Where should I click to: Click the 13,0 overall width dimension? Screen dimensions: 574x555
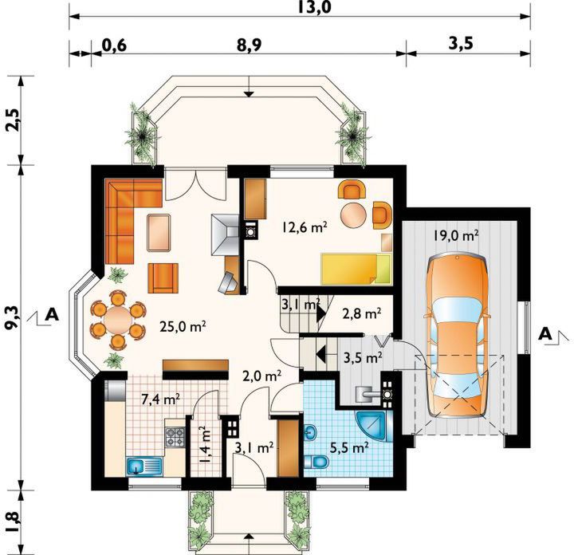tap(314, 7)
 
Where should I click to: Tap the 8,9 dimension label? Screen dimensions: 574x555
tap(249, 45)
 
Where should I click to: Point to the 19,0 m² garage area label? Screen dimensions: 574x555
tap(456, 235)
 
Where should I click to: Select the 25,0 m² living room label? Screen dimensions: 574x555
tap(183, 325)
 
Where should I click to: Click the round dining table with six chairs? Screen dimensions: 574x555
tap(117, 319)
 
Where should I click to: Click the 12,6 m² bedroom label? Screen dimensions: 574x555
tap(305, 227)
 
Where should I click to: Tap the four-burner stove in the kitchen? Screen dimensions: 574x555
tap(175, 437)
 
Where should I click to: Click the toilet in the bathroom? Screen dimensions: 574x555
tap(316, 462)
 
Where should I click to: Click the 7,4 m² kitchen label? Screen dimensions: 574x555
tap(160, 399)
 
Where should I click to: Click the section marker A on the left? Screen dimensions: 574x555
tap(52, 315)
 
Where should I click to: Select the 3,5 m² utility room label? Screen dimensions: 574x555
tap(364, 356)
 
